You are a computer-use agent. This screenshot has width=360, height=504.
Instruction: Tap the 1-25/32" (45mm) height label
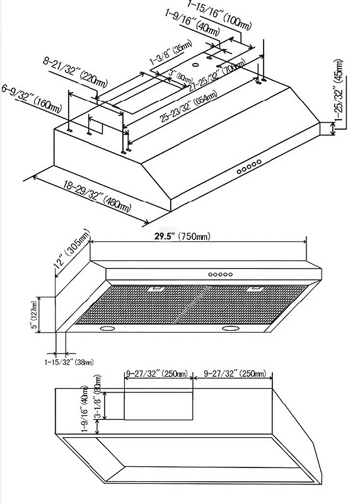click(x=339, y=91)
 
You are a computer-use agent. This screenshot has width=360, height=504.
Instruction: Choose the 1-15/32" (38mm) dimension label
click(x=69, y=362)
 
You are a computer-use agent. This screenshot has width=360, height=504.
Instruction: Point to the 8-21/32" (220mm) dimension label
click(x=75, y=72)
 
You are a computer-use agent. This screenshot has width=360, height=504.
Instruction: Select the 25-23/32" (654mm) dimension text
click(x=189, y=108)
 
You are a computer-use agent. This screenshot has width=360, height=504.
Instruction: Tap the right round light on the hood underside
click(x=231, y=328)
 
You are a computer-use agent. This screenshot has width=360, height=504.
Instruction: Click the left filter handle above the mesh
click(x=157, y=290)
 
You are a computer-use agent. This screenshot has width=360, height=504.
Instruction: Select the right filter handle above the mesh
click(x=257, y=289)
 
